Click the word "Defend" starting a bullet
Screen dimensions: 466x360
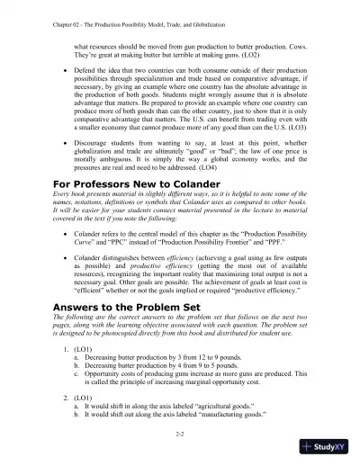tap(86, 69)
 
